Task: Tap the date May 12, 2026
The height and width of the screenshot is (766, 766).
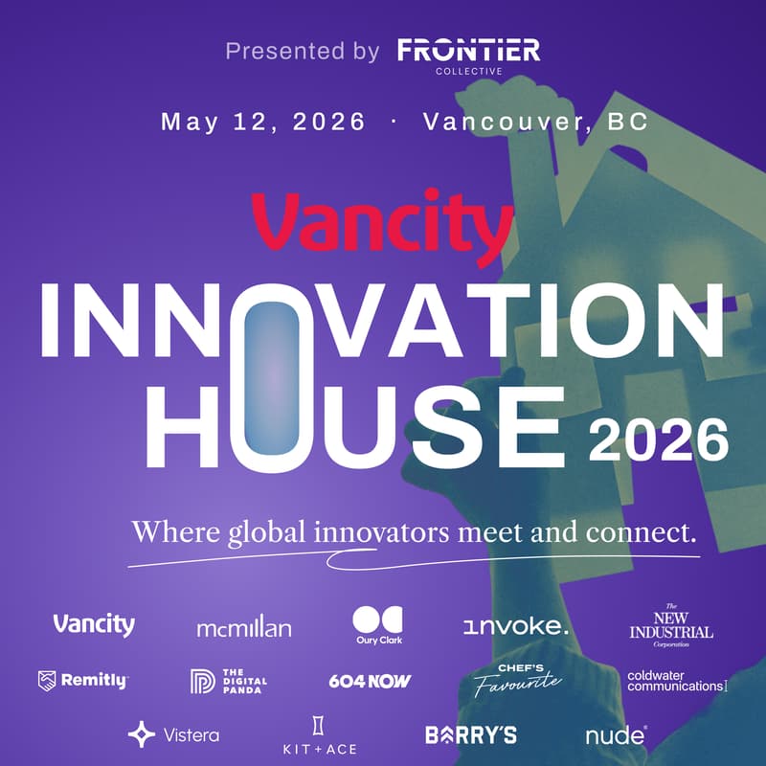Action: [263, 123]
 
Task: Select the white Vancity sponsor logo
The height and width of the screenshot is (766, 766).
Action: [94, 625]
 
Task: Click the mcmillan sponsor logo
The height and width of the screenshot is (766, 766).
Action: [243, 628]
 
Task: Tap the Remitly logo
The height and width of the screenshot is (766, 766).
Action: [82, 681]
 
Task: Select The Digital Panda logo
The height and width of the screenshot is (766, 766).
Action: [229, 681]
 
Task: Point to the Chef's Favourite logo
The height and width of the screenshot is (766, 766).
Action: [517, 679]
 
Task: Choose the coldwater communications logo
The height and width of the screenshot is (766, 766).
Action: [677, 681]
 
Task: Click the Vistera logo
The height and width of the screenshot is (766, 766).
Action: [173, 734]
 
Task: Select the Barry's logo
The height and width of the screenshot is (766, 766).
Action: [471, 735]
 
